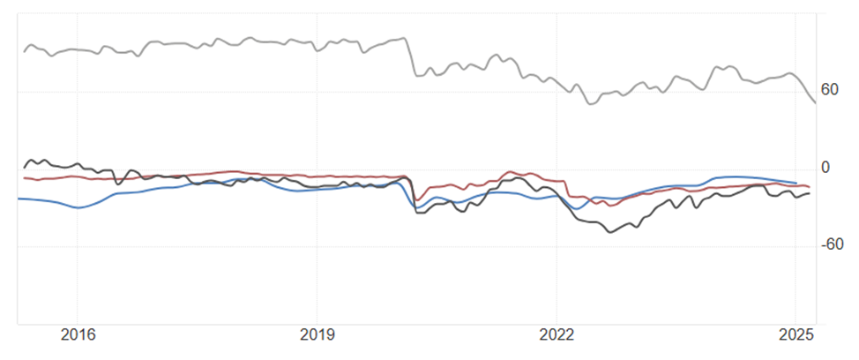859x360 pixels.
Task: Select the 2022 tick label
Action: [556, 335]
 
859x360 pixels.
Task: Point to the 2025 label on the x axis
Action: [796, 335]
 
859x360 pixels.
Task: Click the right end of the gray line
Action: [815, 103]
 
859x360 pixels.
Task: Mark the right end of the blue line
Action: [796, 183]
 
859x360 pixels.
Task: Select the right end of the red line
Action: [809, 187]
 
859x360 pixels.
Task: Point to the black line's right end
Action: [809, 193]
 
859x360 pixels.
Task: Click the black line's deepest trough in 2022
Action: [609, 232]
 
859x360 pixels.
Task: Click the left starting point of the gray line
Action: [24, 51]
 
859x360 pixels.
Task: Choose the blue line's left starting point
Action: [19, 199]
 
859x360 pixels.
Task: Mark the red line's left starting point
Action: [24, 178]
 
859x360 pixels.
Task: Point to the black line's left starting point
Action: [24, 167]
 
